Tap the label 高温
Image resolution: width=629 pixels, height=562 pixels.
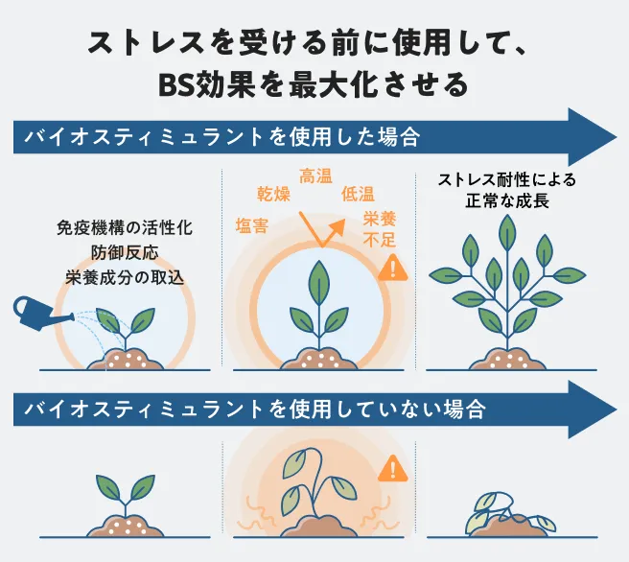(x=316, y=177)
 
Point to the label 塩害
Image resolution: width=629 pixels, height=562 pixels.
(x=251, y=226)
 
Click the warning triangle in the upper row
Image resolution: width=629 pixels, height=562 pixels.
(x=391, y=269)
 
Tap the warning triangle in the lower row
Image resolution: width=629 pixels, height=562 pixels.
(x=391, y=470)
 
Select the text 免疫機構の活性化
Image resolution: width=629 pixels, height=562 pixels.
(x=124, y=229)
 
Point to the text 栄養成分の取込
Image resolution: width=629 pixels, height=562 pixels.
(x=124, y=278)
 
